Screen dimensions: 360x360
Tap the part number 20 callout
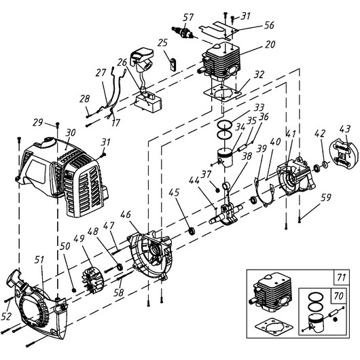pos(270,44)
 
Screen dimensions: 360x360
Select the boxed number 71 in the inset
pos(342,277)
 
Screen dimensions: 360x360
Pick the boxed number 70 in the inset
pos(338,296)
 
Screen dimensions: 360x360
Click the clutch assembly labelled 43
pos(344,155)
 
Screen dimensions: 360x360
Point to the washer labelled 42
pos(325,164)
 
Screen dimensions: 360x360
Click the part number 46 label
pos(126,215)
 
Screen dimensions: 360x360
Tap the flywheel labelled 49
pos(93,281)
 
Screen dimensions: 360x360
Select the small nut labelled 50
pos(74,290)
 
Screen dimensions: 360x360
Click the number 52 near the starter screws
pos(6,316)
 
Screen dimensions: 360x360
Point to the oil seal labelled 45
pos(192,230)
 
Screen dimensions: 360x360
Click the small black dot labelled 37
pos(217,190)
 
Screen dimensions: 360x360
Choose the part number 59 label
pos(326,197)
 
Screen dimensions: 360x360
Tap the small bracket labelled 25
pos(173,64)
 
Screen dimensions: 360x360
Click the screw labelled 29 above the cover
pos(58,124)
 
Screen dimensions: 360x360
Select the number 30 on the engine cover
pos(70,132)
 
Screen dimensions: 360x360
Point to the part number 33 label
pos(259,107)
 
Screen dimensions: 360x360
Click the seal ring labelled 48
pos(120,267)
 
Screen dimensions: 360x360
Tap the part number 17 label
pos(115,122)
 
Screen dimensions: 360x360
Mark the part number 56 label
pos(269,25)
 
